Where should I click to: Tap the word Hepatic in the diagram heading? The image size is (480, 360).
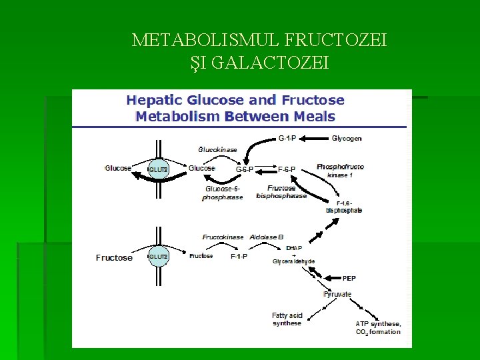[x=155, y=101]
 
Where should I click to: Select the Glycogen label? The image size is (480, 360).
[x=347, y=139]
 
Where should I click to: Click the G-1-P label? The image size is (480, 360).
[x=287, y=139]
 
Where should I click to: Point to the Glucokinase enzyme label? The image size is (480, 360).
[x=218, y=149]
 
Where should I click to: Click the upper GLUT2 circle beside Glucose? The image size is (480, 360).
[x=158, y=169]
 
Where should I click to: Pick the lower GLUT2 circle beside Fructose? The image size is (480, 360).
[x=158, y=257]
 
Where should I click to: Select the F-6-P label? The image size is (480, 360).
[x=287, y=169]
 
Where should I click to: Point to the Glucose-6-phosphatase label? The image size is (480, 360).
[x=223, y=193]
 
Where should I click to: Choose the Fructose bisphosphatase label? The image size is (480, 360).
[x=281, y=192]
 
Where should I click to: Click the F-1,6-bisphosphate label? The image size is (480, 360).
[x=344, y=207]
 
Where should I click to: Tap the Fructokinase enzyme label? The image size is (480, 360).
[x=223, y=237]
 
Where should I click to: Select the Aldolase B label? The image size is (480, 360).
[x=267, y=237]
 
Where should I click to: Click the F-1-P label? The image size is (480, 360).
[x=239, y=257]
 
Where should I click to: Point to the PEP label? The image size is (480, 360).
[x=349, y=278]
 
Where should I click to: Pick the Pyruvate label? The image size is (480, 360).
[x=337, y=294]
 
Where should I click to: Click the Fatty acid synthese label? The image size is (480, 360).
[x=287, y=319]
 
